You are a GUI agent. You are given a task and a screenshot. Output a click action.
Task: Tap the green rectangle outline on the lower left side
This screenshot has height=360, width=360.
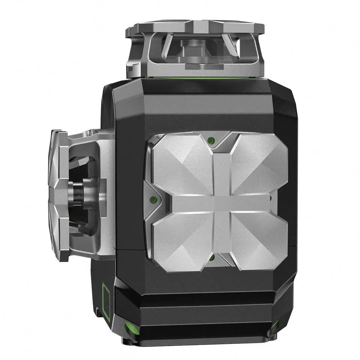[106, 302]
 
